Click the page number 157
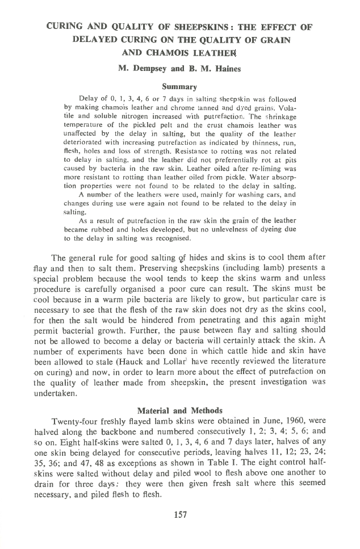click(x=179, y=515)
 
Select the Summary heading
click(x=179, y=87)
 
